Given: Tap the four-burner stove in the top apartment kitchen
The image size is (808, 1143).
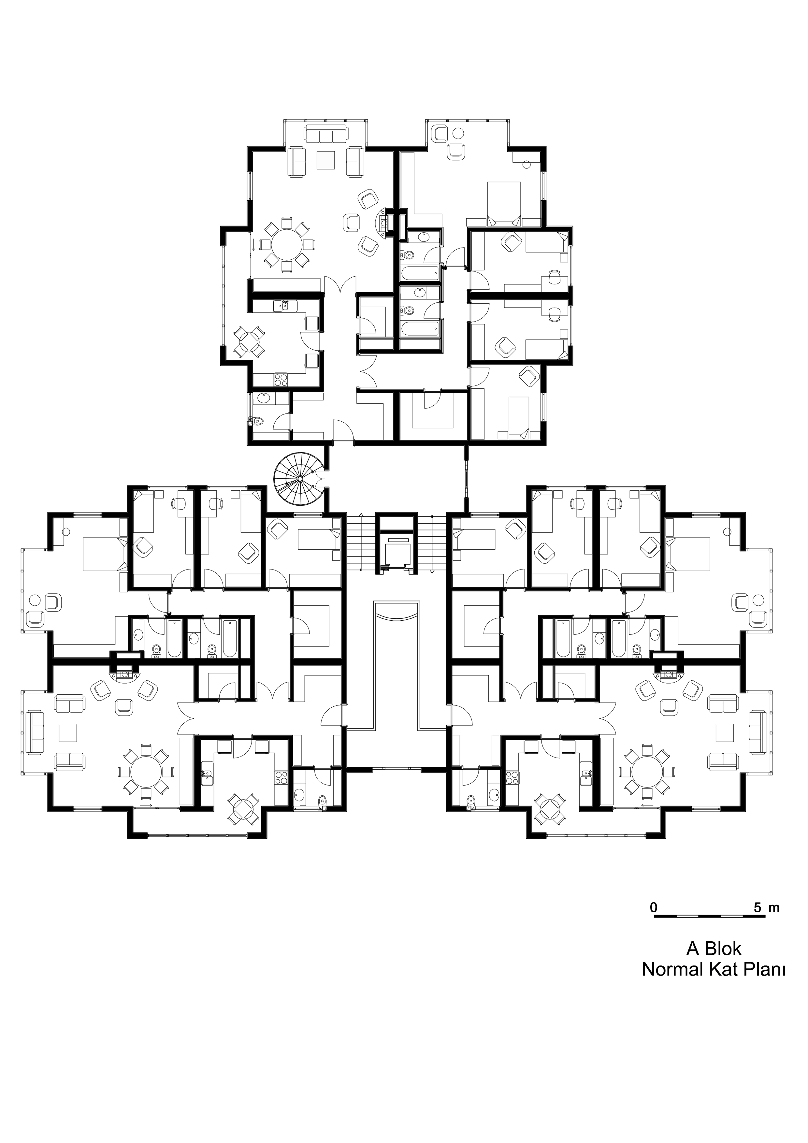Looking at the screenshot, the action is click(281, 380).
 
